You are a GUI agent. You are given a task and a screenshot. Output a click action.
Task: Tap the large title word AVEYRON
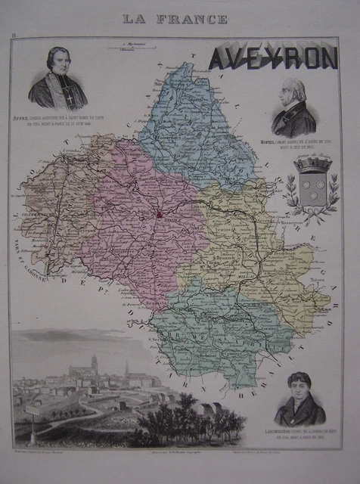tap(272, 57)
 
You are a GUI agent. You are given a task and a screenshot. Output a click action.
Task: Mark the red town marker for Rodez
tap(160, 216)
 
